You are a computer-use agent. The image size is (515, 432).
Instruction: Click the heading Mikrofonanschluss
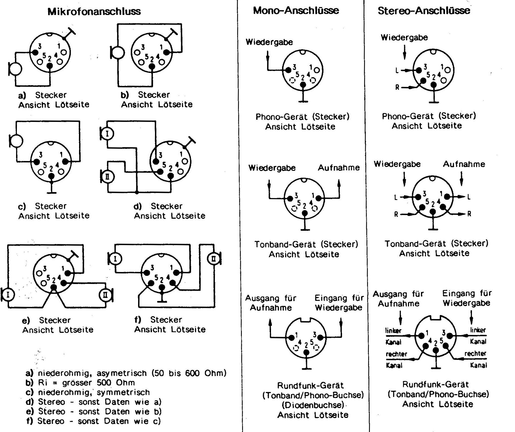94,11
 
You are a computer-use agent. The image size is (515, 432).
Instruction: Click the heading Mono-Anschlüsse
296,11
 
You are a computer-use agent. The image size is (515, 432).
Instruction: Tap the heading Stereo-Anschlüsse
424,11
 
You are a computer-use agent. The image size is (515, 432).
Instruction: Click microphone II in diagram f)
214,259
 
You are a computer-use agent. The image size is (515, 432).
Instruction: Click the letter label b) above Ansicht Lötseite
125,95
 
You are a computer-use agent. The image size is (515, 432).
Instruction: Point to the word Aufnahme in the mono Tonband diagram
339,168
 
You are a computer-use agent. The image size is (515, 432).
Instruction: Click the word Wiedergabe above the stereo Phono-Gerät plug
404,38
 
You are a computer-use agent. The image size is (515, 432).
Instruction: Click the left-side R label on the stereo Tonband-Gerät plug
397,214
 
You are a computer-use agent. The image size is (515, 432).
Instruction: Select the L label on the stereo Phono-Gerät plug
397,71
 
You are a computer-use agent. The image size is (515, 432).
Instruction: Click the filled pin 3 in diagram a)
35,53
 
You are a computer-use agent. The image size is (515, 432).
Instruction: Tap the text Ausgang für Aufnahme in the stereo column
398,299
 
